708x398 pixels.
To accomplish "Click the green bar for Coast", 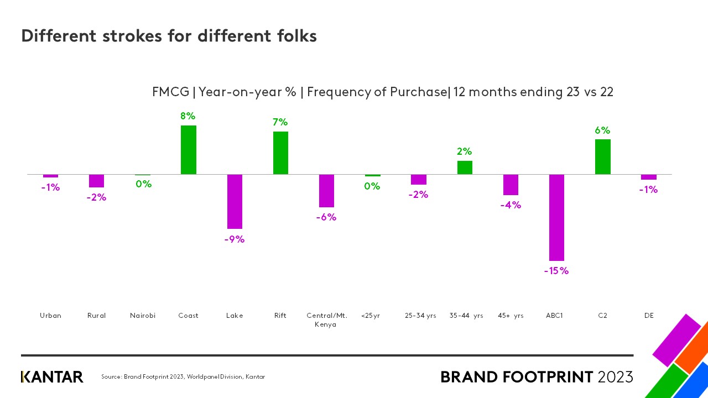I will point(189,150).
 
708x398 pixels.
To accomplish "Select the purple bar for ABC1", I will point(556,217).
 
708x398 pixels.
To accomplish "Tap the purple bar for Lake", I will point(235,201).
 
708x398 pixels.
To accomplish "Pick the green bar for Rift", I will point(280,153).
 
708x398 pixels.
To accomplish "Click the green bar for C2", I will point(602,156).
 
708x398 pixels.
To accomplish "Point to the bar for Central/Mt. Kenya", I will point(326,191).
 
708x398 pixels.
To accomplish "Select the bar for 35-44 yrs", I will point(465,167).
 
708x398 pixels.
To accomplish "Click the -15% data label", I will point(556,271).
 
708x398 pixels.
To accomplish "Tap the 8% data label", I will point(188,116).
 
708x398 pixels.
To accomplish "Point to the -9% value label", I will point(234,239).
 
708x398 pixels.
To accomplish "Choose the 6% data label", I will point(602,130).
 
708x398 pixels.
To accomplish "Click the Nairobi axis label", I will point(143,316).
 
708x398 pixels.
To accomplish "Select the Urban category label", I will point(50,316).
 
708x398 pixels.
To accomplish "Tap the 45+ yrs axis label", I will point(511,316).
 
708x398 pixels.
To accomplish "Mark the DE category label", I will point(649,316).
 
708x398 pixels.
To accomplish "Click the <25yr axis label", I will point(370,316).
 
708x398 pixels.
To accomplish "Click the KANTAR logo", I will point(52,377).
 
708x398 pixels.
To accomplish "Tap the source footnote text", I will point(183,377).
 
